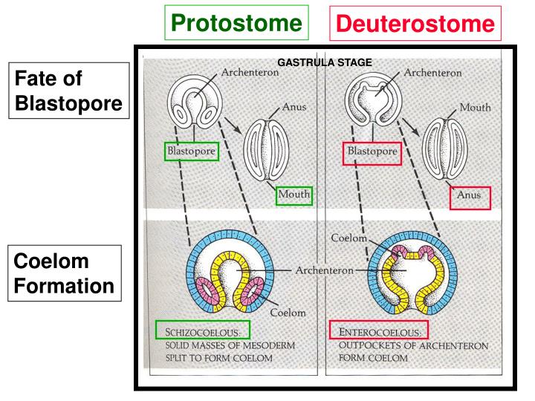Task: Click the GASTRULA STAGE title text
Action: (325, 62)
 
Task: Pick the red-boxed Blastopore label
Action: (371, 154)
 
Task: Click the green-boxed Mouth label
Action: (293, 195)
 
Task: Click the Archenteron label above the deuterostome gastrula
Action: (432, 73)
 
